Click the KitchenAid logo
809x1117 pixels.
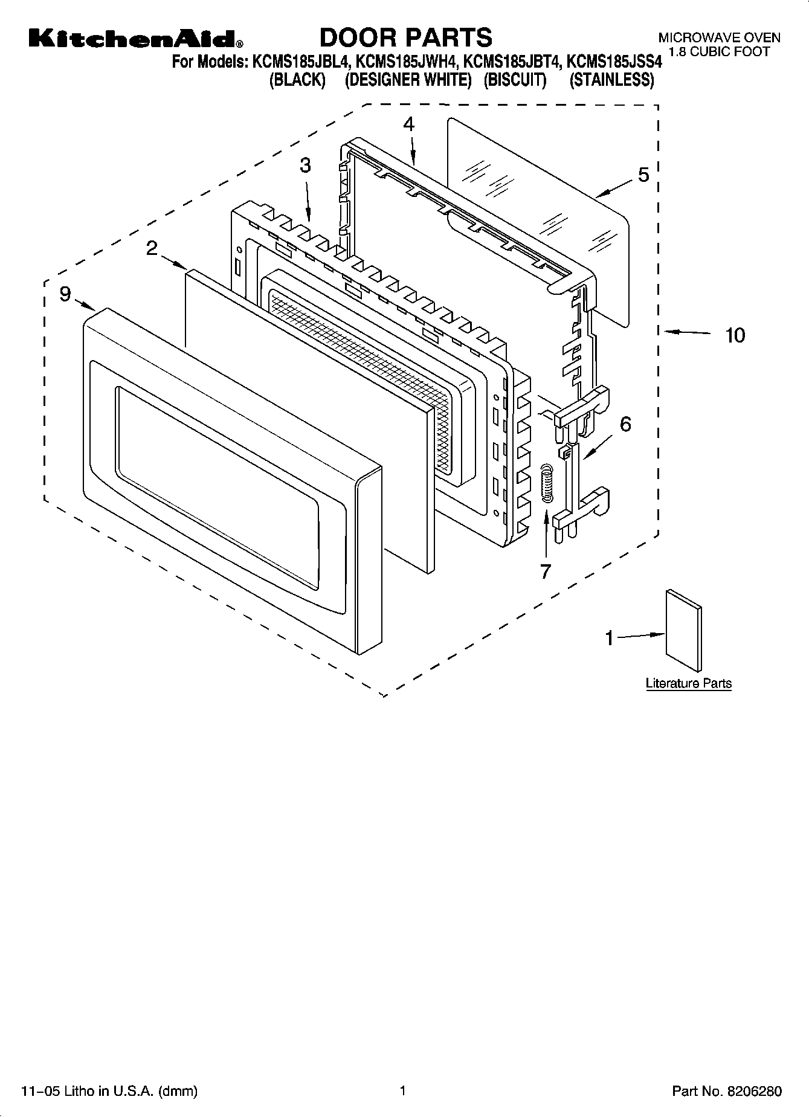136,39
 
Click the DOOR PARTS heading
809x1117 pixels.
405,38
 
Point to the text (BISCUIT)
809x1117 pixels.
515,80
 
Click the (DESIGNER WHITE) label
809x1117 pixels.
408,80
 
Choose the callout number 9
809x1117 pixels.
65,294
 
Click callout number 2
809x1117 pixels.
152,248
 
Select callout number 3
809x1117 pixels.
306,165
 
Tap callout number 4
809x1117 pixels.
409,124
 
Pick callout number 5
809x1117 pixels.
643,175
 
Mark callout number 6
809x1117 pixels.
625,424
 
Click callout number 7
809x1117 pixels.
546,571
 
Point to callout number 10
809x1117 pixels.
735,335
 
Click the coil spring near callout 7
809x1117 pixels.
546,481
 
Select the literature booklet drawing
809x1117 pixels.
684,630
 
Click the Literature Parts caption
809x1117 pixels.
689,683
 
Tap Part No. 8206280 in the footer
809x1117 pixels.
727,1091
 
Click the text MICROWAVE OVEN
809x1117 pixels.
719,38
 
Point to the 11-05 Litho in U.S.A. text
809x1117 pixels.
109,1091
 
